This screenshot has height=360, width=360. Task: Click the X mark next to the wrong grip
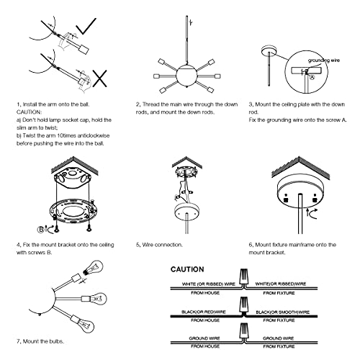click(100, 78)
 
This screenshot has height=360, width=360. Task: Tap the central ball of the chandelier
click(186, 75)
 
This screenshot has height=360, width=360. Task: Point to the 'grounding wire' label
click(324, 60)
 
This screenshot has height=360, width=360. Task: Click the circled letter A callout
click(312, 77)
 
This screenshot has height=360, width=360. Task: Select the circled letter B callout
click(41, 230)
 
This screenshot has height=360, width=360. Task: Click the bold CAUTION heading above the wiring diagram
click(187, 269)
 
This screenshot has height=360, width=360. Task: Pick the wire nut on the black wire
click(244, 305)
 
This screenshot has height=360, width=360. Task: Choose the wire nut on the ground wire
click(244, 331)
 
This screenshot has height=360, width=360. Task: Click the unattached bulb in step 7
click(93, 268)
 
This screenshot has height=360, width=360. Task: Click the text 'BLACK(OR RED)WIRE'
click(204, 312)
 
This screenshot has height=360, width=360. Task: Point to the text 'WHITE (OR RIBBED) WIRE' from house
click(209, 284)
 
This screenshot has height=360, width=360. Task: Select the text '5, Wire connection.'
click(159, 245)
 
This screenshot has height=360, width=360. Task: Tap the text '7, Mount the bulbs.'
click(40, 341)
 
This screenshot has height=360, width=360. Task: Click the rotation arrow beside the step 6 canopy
click(311, 214)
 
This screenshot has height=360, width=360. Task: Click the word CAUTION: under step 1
click(29, 112)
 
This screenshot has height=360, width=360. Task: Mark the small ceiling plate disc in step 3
click(269, 50)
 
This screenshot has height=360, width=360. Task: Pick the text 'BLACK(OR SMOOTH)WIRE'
click(282, 312)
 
